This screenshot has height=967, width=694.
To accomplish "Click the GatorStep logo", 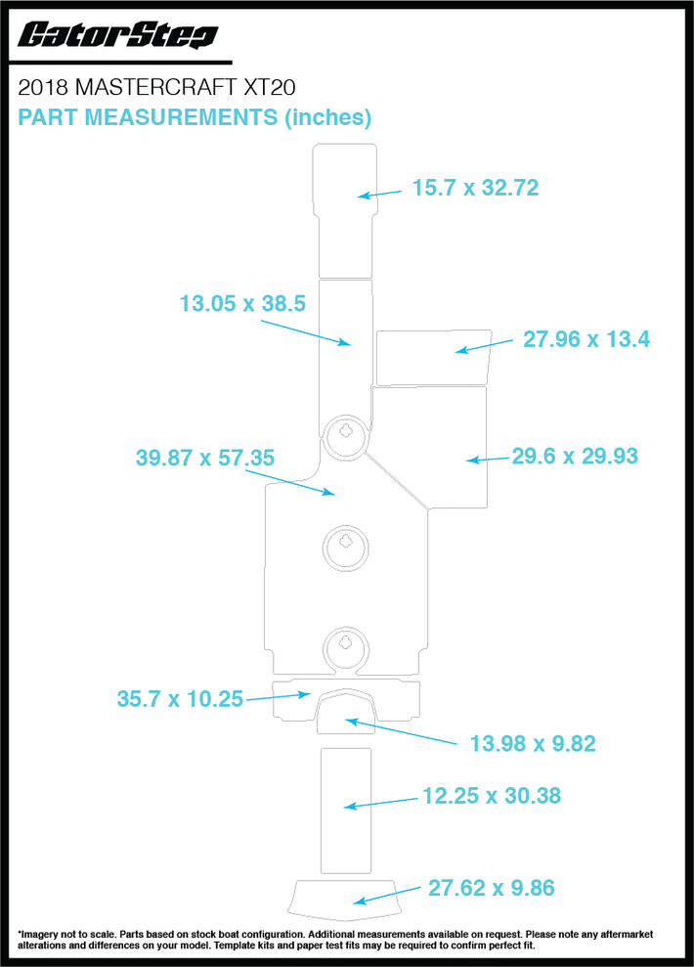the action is click(117, 35).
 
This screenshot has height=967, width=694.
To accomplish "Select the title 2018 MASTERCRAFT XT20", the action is click(156, 88).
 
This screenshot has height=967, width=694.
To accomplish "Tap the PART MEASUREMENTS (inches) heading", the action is click(195, 117).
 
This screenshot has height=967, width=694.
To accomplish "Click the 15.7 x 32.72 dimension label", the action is click(475, 188).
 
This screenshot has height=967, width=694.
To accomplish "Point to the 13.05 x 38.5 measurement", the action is click(242, 303).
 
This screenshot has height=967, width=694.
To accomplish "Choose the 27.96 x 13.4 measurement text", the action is click(586, 339).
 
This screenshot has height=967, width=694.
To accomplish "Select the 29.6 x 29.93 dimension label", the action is click(575, 457).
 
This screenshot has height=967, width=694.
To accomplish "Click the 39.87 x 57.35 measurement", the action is click(204, 458).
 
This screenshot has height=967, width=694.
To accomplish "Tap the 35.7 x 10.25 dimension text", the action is click(180, 699).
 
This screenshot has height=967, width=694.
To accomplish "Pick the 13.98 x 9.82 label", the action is click(533, 744).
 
